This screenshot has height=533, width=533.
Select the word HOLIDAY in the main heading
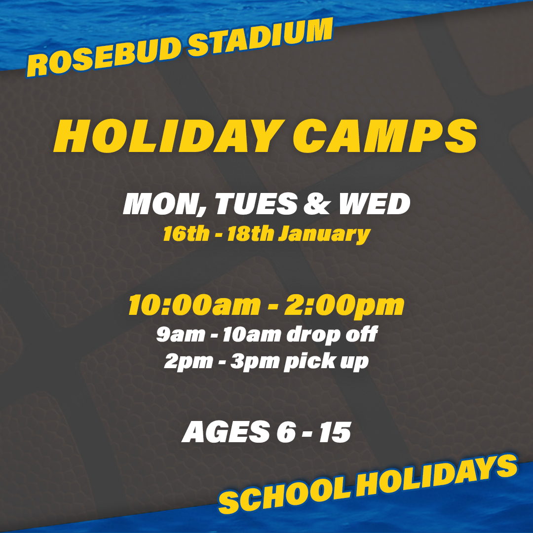click(169, 136)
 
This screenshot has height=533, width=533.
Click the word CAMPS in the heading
click(385, 136)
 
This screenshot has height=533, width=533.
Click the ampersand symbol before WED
click(317, 204)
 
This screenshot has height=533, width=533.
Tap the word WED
click(375, 204)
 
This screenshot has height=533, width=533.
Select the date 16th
click(186, 234)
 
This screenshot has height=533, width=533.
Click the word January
click(324, 235)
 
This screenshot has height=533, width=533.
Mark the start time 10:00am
click(194, 305)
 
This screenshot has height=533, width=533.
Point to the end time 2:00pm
click(344, 306)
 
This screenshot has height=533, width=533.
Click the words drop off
click(332, 335)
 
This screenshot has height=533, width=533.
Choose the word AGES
click(226, 432)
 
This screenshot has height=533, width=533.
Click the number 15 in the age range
click(335, 432)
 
